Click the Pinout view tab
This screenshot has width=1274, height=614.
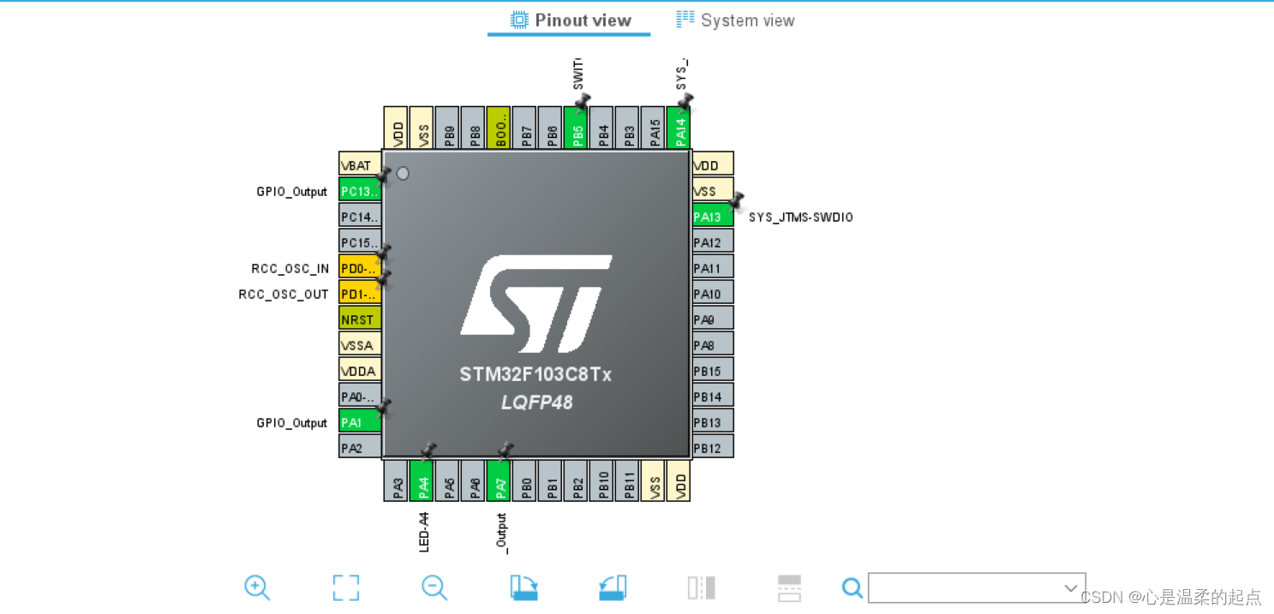[x=571, y=21]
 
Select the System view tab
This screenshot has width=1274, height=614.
[x=735, y=21]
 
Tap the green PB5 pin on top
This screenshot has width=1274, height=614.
[x=576, y=128]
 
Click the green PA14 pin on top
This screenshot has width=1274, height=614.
[x=679, y=128]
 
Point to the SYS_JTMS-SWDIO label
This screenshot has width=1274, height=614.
[x=800, y=218]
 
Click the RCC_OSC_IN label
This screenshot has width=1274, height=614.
[x=290, y=269]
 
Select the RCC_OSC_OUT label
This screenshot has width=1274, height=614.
[x=284, y=295]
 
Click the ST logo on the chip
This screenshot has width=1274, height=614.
[x=536, y=303]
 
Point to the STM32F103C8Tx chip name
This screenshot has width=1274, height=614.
[x=535, y=375]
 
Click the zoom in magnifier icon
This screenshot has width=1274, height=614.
[x=257, y=587]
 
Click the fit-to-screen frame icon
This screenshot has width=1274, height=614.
[x=346, y=587]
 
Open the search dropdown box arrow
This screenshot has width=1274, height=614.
[x=1070, y=587]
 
